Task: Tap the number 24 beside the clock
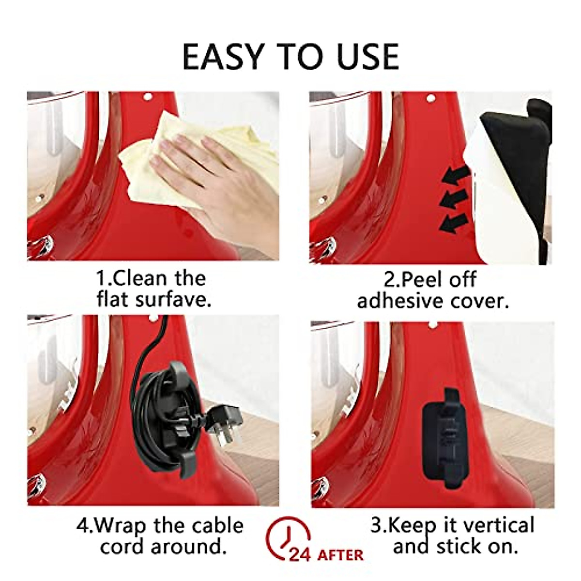click(x=300, y=555)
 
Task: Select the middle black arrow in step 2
click(x=453, y=199)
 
